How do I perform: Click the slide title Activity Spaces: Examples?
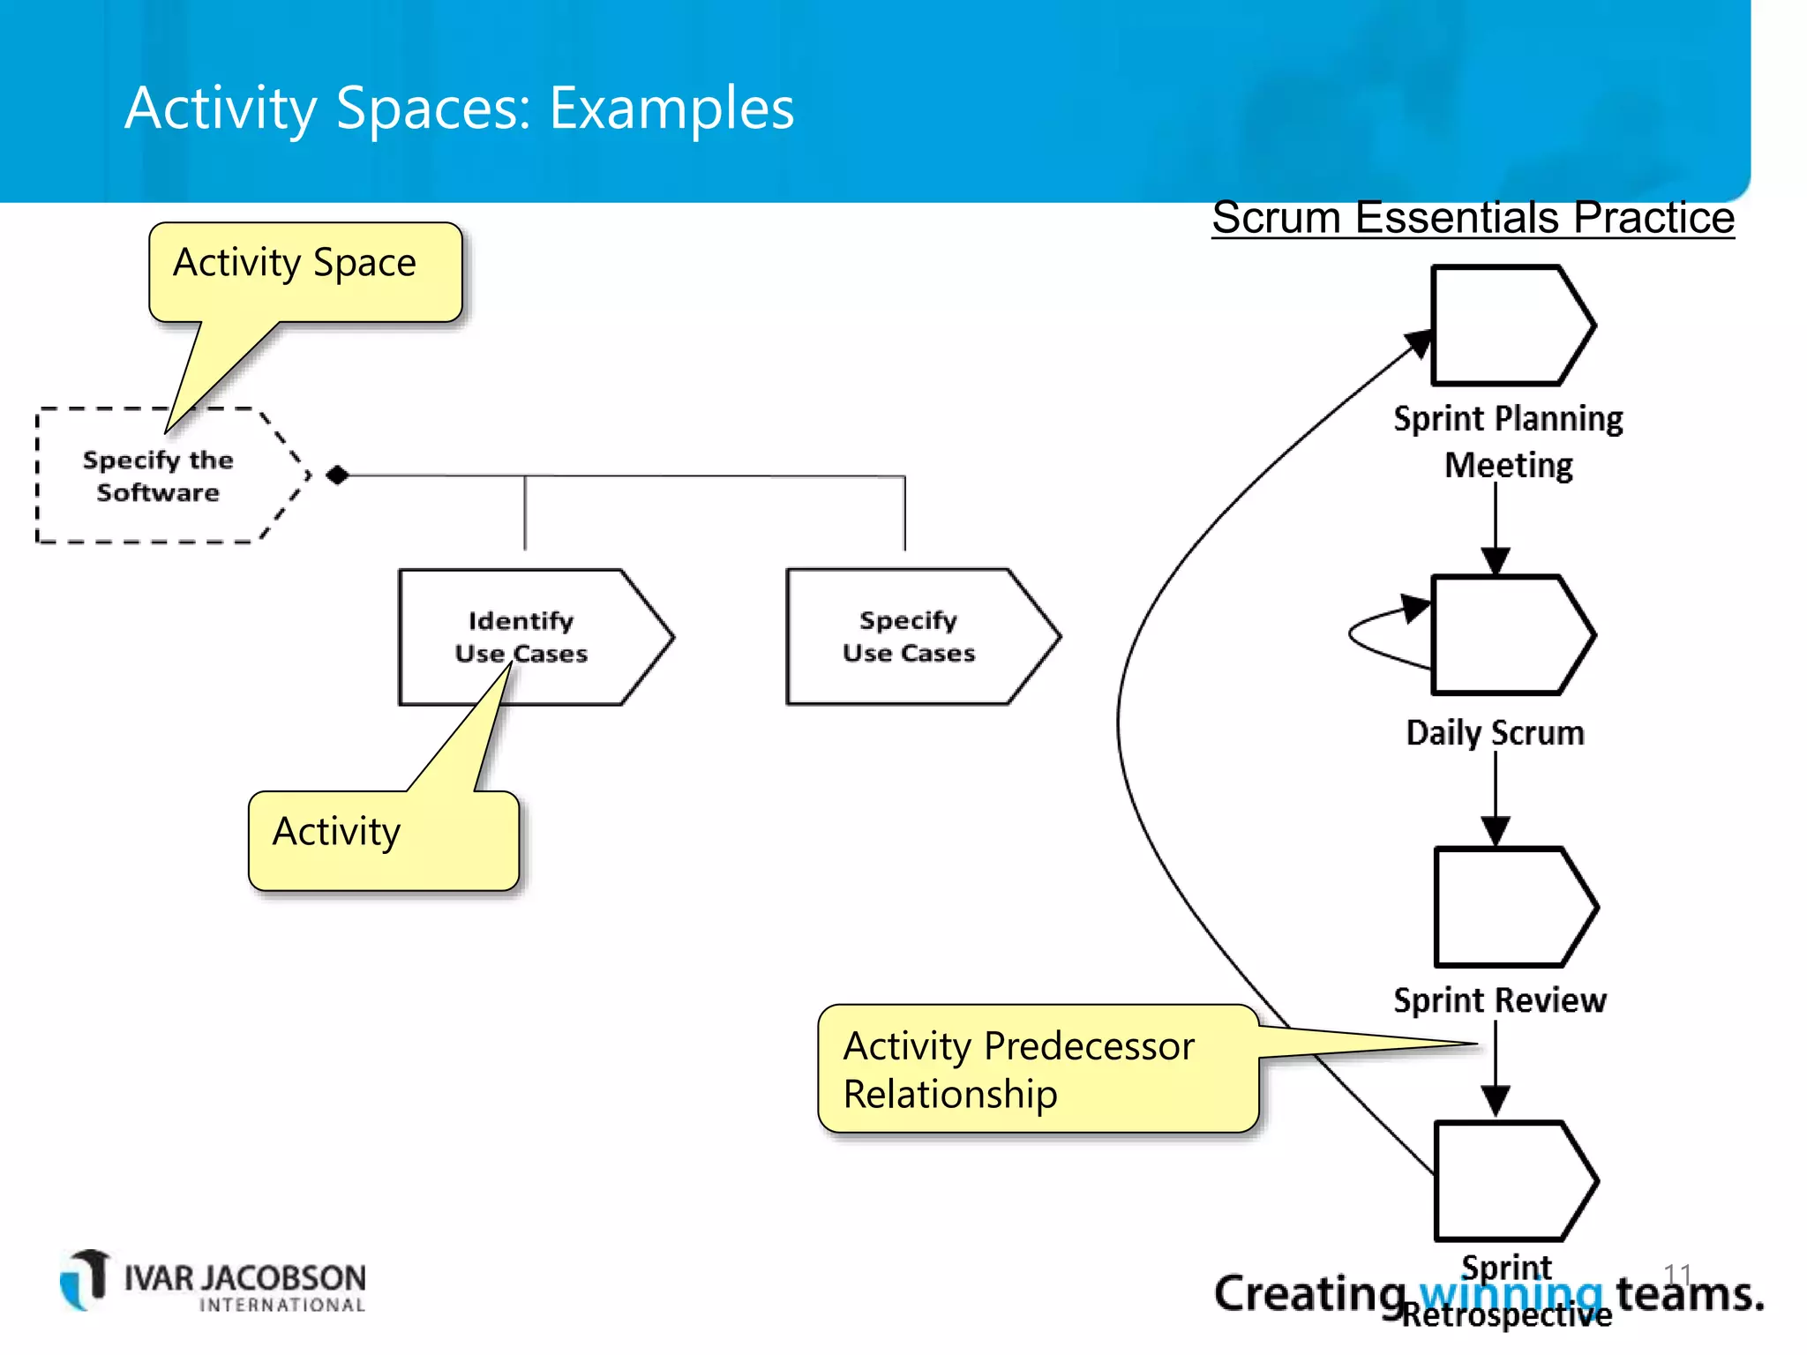pos(459,108)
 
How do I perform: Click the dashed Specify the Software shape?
pos(159,476)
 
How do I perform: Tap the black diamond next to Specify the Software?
pos(337,475)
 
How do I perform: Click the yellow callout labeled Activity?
pos(383,839)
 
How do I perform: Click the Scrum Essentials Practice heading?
pos(1473,217)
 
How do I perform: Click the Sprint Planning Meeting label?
pos(1508,441)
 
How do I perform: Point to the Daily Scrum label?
pos(1495,733)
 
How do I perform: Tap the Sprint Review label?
pos(1499,1000)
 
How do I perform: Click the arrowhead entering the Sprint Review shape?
pos(1495,831)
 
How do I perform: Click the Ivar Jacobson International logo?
pos(213,1282)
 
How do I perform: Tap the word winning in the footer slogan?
pos(1511,1294)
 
